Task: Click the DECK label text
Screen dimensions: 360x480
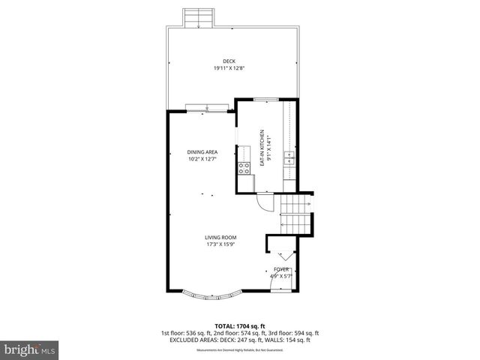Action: coord(229,61)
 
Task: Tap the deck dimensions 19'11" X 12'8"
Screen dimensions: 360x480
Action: coord(229,69)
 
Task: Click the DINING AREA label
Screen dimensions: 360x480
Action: coord(202,151)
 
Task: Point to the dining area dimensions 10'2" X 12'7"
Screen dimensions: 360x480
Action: coord(202,159)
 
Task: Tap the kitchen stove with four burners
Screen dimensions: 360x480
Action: coord(244,167)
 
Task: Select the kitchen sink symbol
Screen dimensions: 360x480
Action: coord(289,157)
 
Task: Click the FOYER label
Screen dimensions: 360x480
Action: coord(281,268)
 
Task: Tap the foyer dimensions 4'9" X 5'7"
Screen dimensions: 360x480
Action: coord(280,275)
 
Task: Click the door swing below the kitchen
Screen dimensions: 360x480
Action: coord(265,200)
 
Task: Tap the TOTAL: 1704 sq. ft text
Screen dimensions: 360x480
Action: coord(239,325)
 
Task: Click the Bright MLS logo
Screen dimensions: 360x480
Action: coord(29,350)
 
